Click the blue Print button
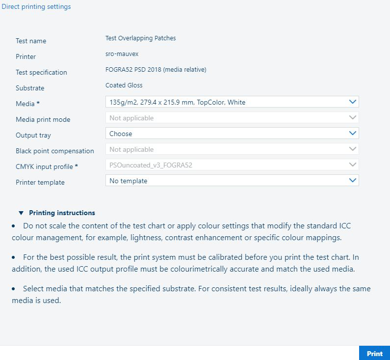[x=374, y=353]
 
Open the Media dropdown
[x=232, y=102]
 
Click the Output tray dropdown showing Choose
[x=232, y=134]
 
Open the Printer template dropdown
[x=232, y=181]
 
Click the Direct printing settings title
[x=36, y=7]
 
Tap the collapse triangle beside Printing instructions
[x=21, y=213]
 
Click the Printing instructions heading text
[x=62, y=213]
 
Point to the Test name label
[x=31, y=41]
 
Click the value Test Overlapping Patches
[x=140, y=38]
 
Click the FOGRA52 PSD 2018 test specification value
[x=156, y=70]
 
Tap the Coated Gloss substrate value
[x=124, y=85]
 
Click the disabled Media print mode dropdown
[x=232, y=118]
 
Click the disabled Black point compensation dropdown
[x=232, y=149]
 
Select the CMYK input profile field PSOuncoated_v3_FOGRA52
[x=232, y=165]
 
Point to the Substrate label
[x=30, y=88]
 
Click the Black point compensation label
[x=54, y=151]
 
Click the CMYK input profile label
[x=47, y=167]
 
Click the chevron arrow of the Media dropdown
[x=352, y=102]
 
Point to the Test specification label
[x=41, y=73]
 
